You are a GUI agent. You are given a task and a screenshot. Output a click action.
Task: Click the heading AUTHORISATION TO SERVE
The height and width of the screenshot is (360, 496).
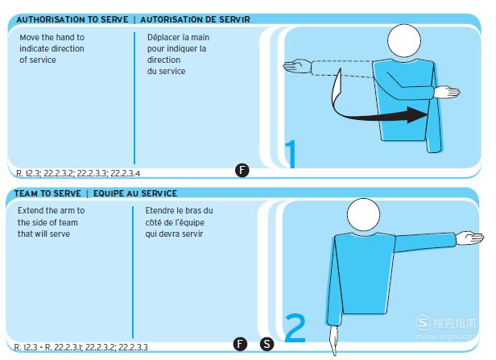(x=72, y=19)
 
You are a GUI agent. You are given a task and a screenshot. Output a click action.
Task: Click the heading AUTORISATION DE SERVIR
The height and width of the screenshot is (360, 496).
(x=195, y=19)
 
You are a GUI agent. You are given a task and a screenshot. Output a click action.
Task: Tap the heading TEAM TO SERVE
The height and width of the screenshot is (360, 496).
(x=48, y=193)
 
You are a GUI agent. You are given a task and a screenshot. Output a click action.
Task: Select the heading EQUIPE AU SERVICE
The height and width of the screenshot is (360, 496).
(x=135, y=193)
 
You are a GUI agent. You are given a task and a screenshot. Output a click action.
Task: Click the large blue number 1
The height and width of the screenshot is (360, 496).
(x=291, y=154)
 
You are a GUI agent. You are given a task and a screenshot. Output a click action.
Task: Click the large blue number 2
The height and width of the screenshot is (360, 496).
(x=296, y=328)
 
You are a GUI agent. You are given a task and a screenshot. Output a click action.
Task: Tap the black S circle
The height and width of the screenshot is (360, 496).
(x=267, y=344)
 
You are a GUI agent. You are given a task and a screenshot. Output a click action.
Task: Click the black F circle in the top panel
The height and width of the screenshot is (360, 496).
(x=242, y=170)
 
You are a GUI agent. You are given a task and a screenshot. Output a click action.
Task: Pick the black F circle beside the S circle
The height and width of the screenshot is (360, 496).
(x=240, y=344)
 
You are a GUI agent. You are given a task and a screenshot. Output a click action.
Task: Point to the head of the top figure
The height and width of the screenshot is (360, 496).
(x=404, y=41)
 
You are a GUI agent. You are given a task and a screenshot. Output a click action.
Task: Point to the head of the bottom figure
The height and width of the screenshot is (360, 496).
(x=363, y=215)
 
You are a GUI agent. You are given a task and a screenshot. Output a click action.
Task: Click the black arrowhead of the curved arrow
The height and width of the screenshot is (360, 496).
(x=418, y=115)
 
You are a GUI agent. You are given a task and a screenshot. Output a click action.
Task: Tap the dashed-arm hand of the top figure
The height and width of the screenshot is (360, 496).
(x=296, y=66)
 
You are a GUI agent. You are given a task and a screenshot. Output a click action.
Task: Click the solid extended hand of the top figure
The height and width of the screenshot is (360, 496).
(x=447, y=92)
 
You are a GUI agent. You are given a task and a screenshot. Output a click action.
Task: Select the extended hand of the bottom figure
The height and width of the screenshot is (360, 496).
(x=469, y=238)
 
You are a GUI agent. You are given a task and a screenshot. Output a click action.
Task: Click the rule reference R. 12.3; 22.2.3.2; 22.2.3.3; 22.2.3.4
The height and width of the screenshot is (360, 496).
(x=78, y=173)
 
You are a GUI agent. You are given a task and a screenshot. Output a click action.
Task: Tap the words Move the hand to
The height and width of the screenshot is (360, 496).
(x=52, y=37)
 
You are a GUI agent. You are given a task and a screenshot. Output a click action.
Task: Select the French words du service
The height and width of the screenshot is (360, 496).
(x=166, y=71)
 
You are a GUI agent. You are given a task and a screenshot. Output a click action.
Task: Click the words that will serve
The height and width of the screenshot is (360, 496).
(x=43, y=234)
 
